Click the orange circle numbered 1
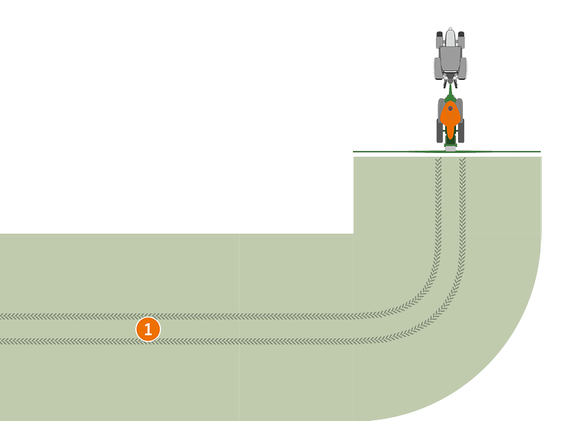148,329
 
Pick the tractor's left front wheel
439,38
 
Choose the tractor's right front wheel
461,38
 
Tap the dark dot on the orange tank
450,108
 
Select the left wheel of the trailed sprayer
440,130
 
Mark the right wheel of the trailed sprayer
461,130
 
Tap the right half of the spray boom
502,151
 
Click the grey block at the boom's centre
451,148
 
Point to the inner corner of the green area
353,234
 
